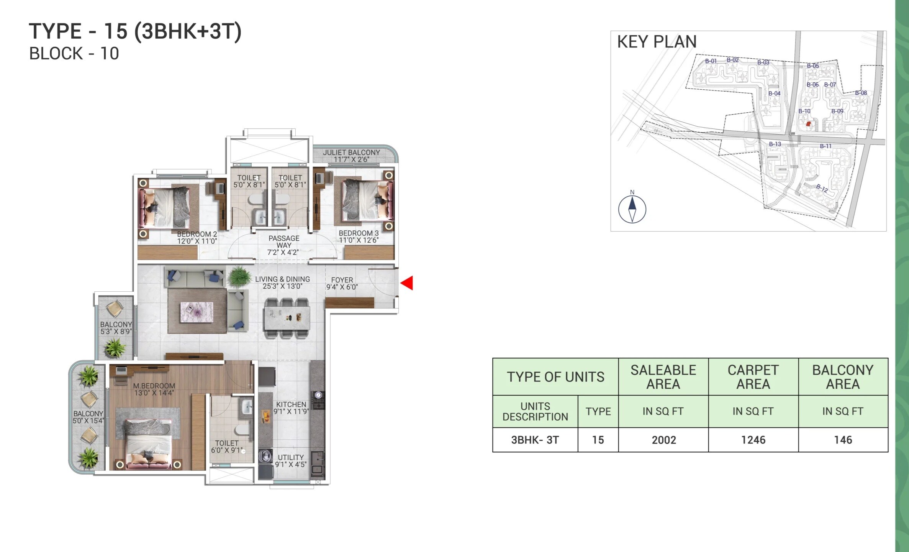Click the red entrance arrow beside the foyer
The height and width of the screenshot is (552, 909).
click(x=408, y=283)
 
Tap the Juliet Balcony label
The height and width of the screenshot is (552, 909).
click(x=351, y=156)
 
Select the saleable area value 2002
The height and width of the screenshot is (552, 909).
click(x=663, y=440)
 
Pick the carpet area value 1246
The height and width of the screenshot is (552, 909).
click(x=753, y=440)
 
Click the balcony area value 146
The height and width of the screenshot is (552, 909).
click(x=843, y=440)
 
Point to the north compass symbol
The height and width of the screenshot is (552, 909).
click(x=632, y=209)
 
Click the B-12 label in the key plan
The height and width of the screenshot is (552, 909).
click(x=822, y=188)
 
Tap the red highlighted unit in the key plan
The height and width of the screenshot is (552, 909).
click(x=808, y=124)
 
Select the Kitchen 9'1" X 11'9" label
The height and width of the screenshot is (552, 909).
click(x=291, y=408)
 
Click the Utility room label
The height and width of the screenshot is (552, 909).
click(x=291, y=461)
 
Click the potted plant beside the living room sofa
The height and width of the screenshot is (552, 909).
click(x=239, y=276)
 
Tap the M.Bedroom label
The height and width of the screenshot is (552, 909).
click(x=154, y=389)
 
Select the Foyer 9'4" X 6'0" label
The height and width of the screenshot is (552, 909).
click(x=342, y=283)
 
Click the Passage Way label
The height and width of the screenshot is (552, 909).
click(x=283, y=245)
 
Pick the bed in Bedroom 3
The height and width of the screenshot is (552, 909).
click(x=362, y=200)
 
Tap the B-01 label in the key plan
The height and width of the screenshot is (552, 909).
click(x=711, y=61)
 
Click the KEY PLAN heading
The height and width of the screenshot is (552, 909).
click(x=657, y=41)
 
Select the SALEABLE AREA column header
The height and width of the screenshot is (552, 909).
click(x=663, y=377)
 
